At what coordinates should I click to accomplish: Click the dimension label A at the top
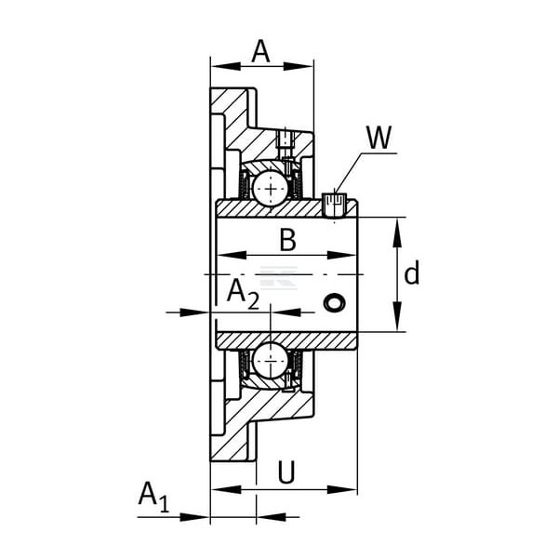point(260,52)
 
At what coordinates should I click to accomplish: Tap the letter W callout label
point(379,138)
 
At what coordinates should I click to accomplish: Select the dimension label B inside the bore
point(288,240)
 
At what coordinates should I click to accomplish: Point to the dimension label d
point(412,272)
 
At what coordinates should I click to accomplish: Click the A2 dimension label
point(243,294)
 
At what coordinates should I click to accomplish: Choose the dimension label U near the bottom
point(286,472)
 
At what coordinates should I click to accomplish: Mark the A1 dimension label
point(154,497)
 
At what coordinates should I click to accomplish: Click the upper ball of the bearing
point(271,188)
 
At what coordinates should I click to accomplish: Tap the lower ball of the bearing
point(271,361)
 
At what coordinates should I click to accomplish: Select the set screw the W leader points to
point(335,205)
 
